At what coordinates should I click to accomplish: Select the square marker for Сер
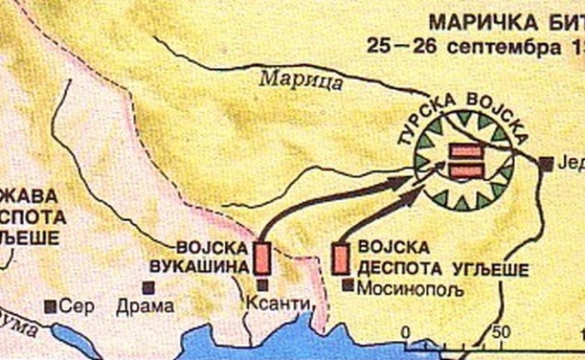(52, 306)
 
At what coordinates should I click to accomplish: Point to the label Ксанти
(276, 306)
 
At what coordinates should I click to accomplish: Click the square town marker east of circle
(546, 164)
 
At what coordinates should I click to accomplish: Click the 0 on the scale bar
(406, 332)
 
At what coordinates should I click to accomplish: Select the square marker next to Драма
(148, 287)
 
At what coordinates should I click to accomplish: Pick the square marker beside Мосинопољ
(347, 284)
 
